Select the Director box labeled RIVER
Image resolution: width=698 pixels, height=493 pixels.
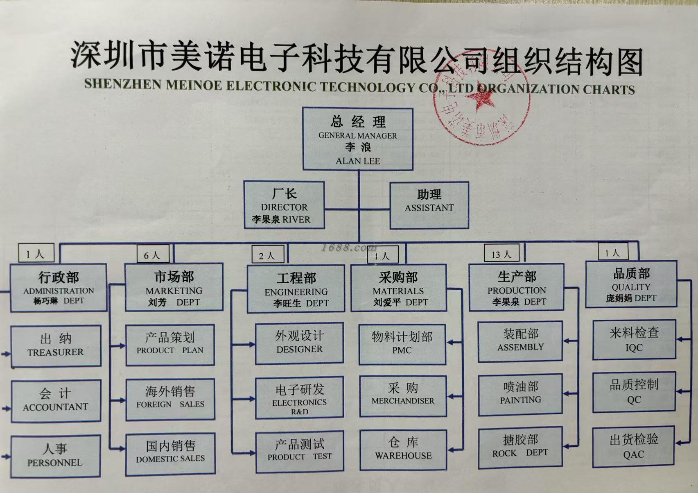click(x=284, y=205)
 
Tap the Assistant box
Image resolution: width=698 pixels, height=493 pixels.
click(x=429, y=205)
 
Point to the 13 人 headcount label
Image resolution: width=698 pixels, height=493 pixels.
click(x=501, y=254)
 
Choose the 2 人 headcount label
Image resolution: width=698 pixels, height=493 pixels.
click(x=268, y=255)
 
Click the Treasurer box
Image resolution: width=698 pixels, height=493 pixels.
click(x=56, y=346)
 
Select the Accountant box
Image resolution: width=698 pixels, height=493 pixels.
click(x=56, y=400)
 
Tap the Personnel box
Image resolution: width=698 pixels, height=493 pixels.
click(x=56, y=456)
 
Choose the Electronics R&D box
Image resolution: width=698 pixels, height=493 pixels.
click(x=299, y=398)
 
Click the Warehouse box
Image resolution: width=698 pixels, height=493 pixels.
click(x=403, y=449)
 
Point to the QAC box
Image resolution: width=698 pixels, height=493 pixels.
click(x=633, y=447)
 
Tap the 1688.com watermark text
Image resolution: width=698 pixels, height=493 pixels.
click(x=348, y=248)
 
